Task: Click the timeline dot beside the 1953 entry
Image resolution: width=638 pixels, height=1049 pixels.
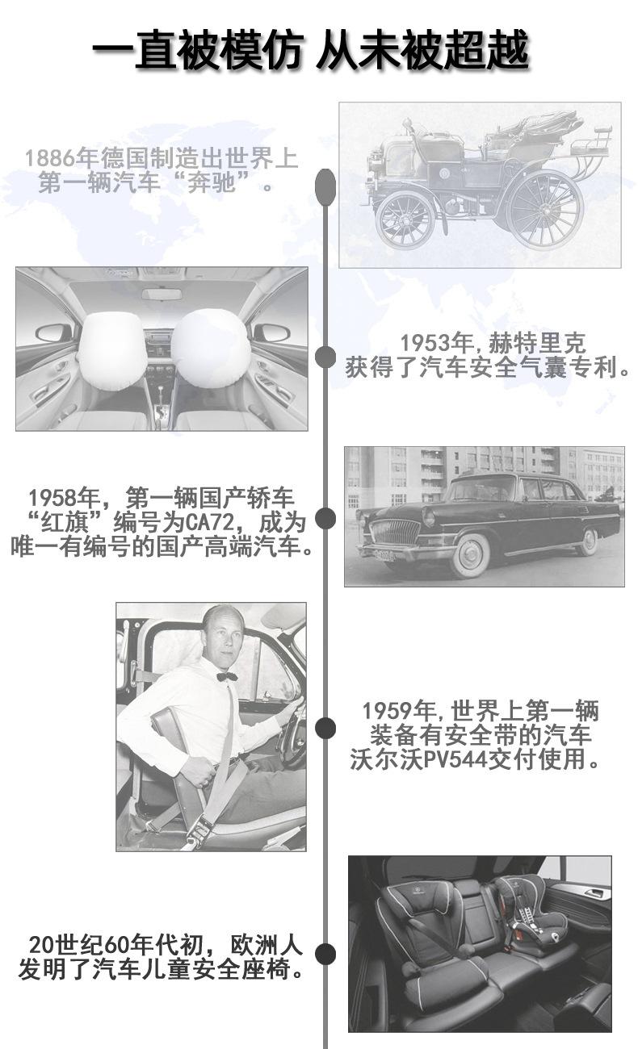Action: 325,357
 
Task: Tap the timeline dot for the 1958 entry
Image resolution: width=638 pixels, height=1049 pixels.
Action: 325,518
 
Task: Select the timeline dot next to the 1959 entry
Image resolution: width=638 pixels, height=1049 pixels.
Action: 325,728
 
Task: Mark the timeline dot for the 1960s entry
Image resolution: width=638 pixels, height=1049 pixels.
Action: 325,954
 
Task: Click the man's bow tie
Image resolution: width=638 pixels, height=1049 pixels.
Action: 227,675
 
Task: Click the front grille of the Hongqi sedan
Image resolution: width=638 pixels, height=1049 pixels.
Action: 395,533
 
